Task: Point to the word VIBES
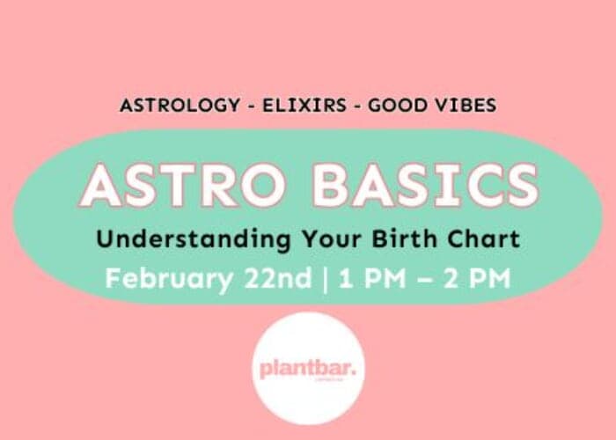[x=464, y=106]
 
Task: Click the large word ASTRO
[x=189, y=186]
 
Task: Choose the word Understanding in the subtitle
[x=175, y=238]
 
